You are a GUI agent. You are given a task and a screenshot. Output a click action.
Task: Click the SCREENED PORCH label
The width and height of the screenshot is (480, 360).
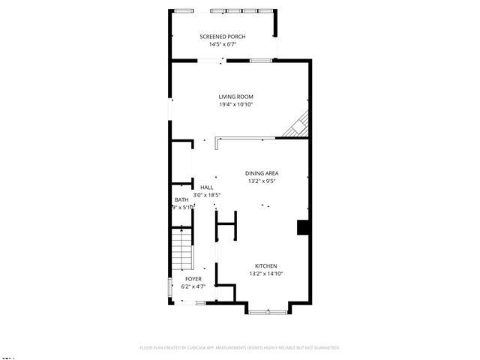[x=222, y=36]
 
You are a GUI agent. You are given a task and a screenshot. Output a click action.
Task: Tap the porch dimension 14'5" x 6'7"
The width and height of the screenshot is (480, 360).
[x=222, y=44]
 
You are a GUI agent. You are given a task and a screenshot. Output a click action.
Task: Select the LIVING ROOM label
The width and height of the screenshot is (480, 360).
[x=235, y=97]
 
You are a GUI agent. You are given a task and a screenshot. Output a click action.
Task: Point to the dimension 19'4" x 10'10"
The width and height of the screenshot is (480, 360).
[x=235, y=104]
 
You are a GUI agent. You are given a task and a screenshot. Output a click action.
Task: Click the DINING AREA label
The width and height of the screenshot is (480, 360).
[x=262, y=173]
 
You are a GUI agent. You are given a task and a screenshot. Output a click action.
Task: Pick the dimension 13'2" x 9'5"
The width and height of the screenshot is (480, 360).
[x=262, y=181]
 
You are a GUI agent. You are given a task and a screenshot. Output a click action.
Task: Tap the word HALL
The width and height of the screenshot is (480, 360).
[x=207, y=187]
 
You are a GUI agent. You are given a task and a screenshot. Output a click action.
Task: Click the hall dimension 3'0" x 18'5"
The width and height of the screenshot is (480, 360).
[x=207, y=195]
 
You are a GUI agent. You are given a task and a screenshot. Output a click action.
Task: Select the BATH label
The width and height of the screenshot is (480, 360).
[x=181, y=199]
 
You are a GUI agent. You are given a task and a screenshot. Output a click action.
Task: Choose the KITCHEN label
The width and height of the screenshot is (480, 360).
[x=266, y=266]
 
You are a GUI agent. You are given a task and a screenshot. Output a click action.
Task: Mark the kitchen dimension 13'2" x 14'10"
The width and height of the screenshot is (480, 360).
[x=266, y=274]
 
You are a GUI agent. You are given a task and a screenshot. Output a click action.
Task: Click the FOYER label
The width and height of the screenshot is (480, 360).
[x=193, y=279]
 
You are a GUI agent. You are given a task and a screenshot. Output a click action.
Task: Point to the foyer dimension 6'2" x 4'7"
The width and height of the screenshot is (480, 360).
[x=193, y=286]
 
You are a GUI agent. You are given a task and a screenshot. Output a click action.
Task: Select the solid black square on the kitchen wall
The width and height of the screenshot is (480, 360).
[x=303, y=227]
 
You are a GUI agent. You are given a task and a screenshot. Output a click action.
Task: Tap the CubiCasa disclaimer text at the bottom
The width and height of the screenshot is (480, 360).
[x=240, y=348]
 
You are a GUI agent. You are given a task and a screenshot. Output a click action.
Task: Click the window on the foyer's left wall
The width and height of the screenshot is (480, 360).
[x=169, y=288]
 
